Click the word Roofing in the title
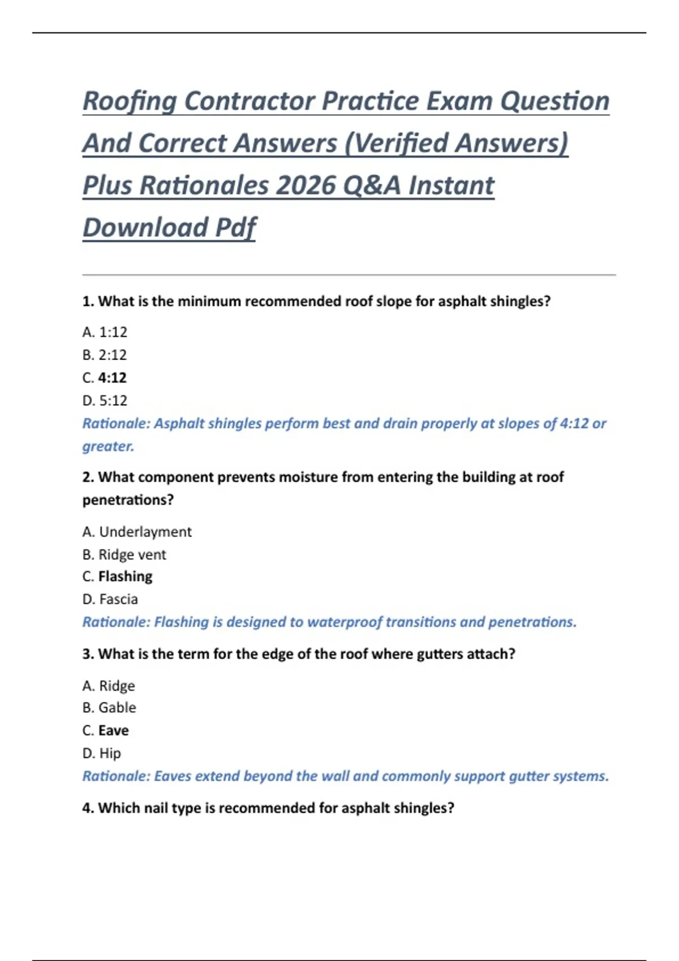tap(130, 102)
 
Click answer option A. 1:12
tap(105, 332)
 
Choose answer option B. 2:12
tap(105, 355)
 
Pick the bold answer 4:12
tap(112, 378)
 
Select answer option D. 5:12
tap(105, 401)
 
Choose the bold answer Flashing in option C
tap(125, 577)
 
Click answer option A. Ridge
tap(109, 686)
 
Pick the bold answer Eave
tap(113, 730)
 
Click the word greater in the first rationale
tap(108, 447)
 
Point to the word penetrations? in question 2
tap(128, 500)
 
